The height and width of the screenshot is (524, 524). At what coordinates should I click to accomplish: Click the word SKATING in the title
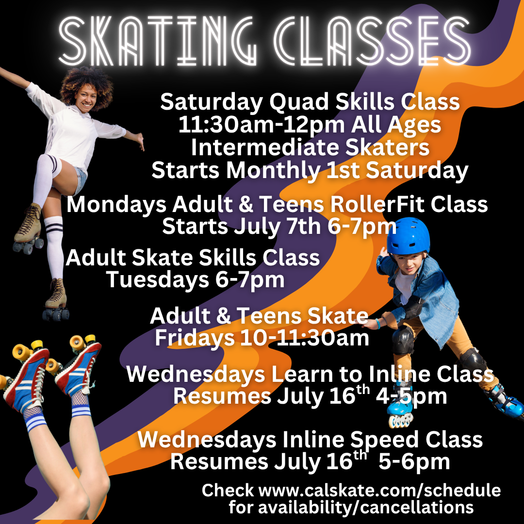click(158, 41)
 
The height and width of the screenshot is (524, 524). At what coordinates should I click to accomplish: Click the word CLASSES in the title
click(372, 41)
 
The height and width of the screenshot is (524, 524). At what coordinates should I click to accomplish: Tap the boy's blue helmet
click(408, 236)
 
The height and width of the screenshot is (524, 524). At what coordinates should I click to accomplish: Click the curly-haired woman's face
click(86, 98)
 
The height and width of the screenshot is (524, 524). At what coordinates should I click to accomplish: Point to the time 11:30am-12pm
click(262, 125)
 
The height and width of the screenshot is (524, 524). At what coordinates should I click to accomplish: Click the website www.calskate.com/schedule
click(379, 490)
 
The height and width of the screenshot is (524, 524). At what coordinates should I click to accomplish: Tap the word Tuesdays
click(158, 279)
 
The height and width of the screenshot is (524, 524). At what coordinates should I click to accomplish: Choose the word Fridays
click(195, 338)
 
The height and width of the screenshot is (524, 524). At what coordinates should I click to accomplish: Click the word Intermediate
click(265, 147)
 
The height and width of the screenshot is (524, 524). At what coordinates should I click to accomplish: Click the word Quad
click(299, 101)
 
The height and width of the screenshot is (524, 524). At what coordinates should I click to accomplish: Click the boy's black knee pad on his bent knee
click(403, 340)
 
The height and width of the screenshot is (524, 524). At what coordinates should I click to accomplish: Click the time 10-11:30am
click(304, 338)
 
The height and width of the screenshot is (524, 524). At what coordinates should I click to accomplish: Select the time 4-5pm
click(411, 397)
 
